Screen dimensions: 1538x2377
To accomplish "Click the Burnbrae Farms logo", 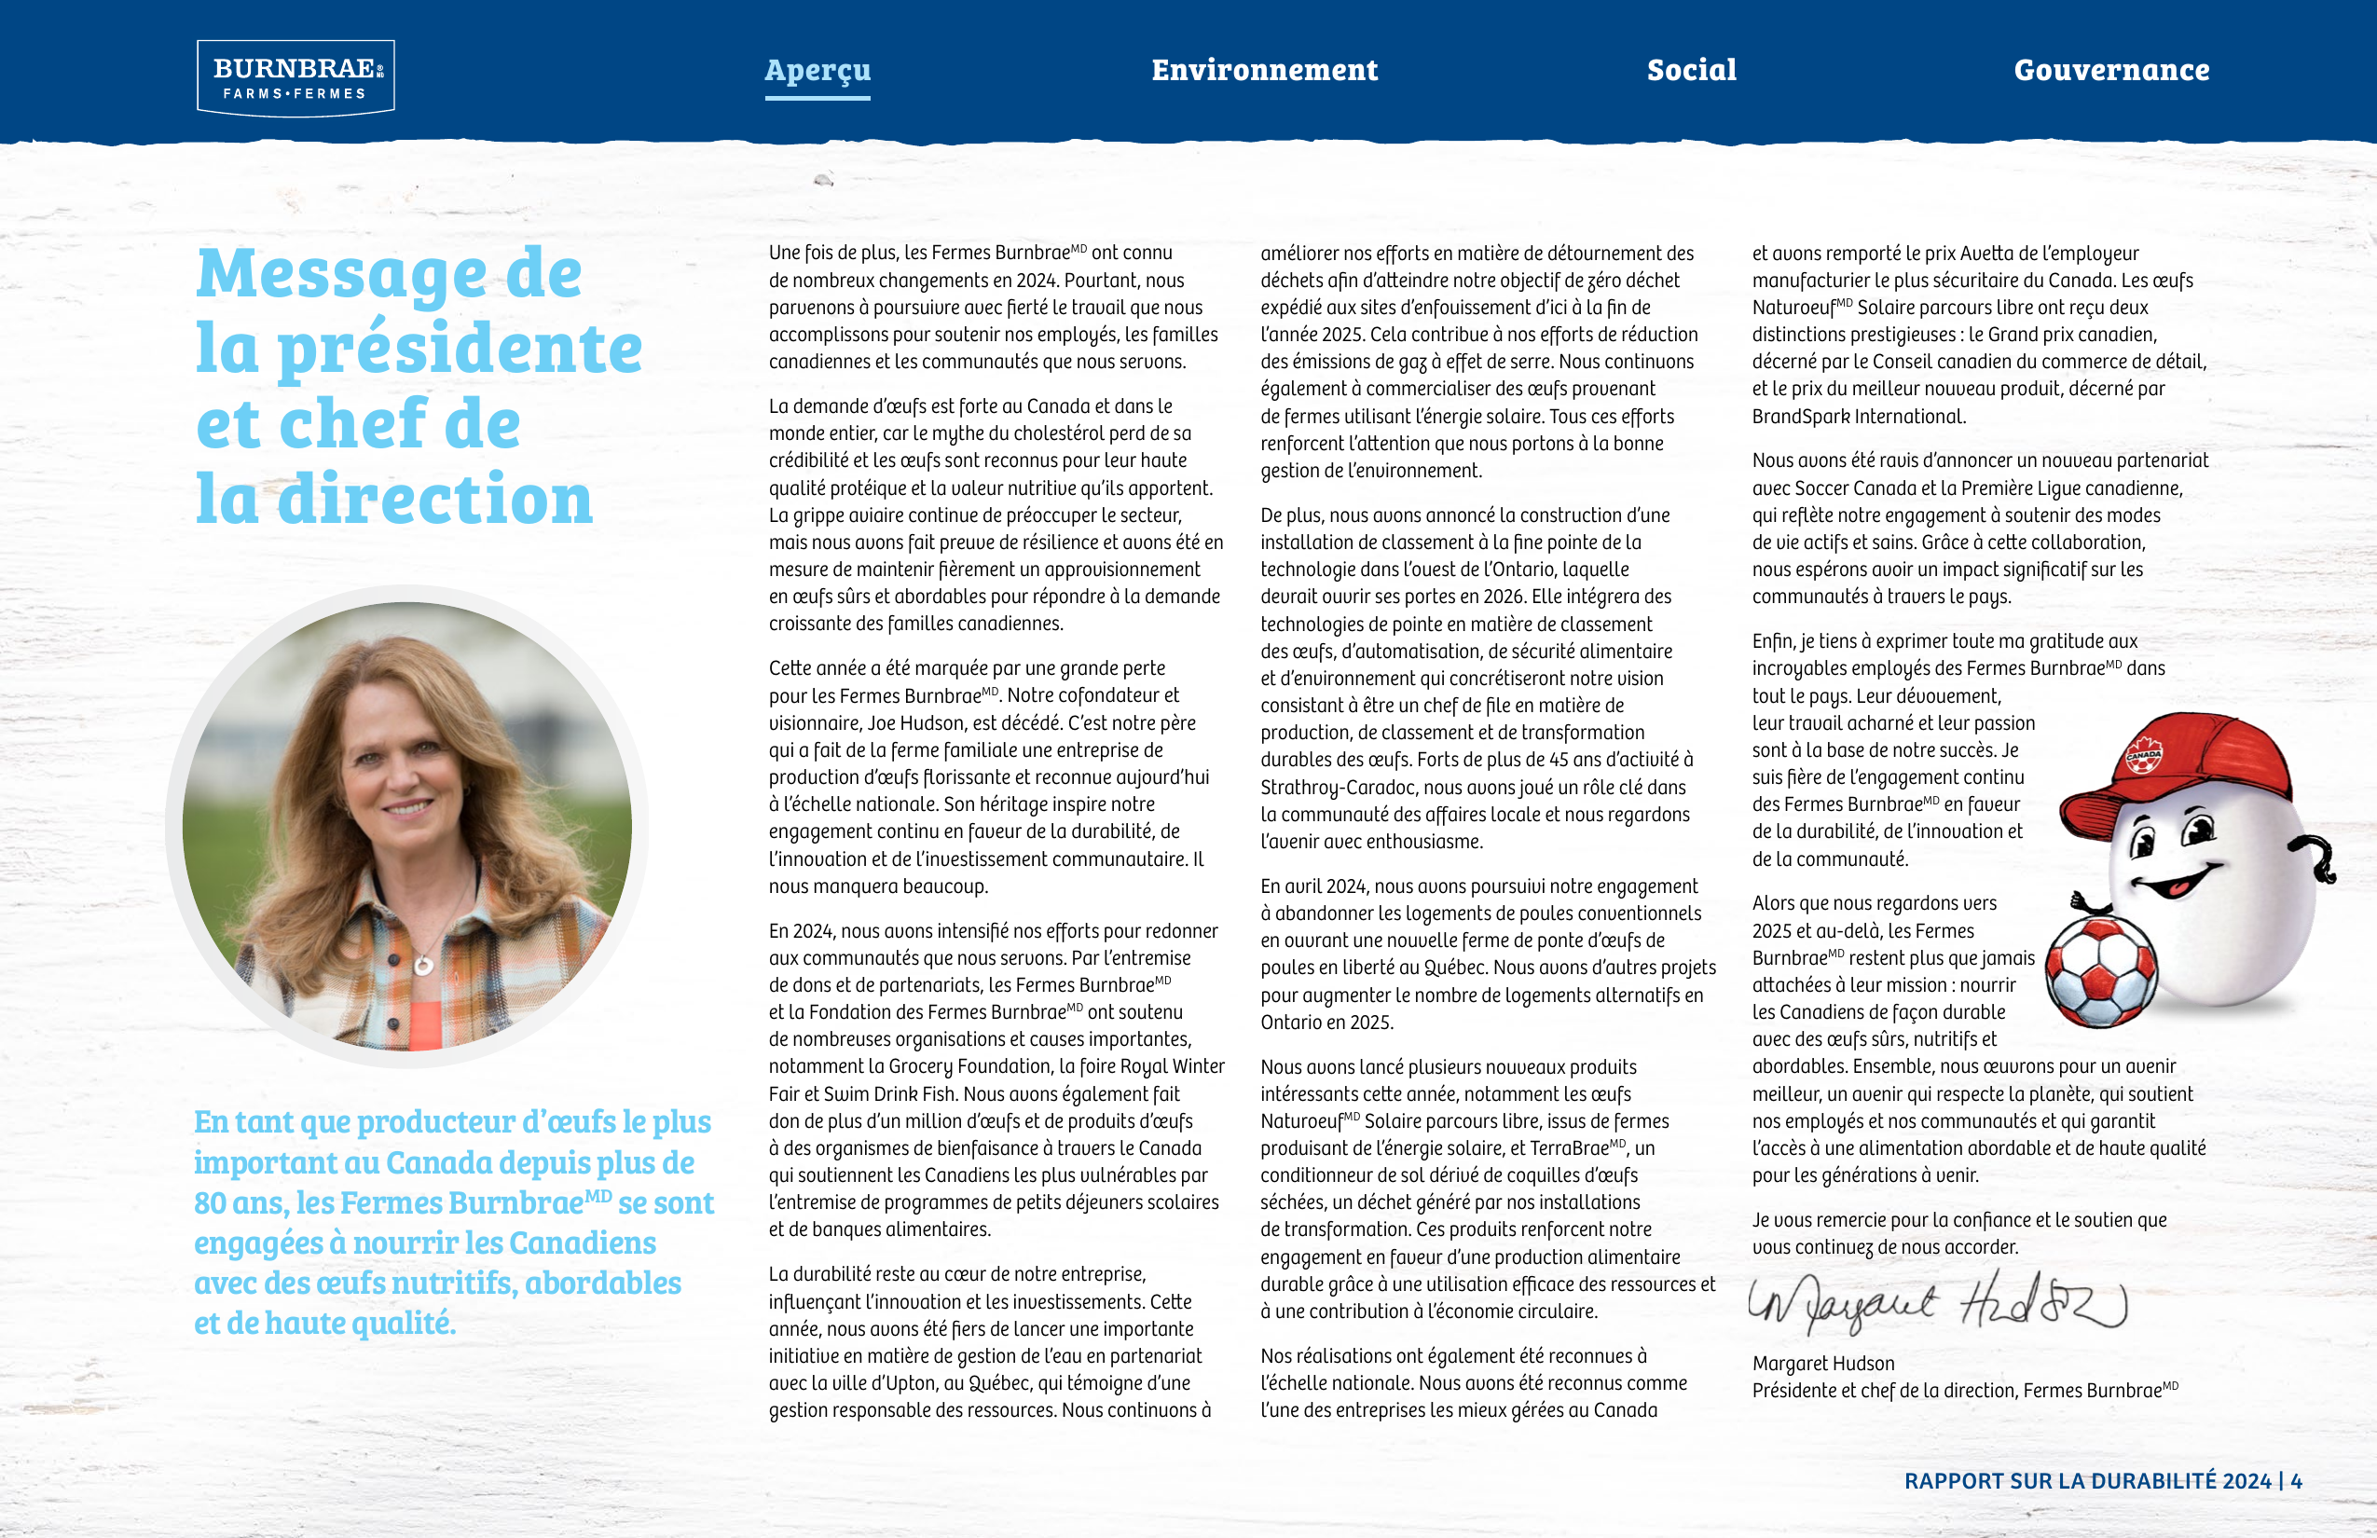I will point(295,78).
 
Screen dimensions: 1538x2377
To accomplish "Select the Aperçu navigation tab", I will point(817,70).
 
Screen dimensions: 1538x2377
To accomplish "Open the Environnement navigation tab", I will point(1264,70).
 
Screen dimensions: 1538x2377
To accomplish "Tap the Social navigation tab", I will point(1692,70).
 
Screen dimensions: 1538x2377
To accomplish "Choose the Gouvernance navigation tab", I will point(2111,70).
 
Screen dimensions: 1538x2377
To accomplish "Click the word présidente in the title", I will point(460,350).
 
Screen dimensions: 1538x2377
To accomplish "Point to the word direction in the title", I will point(435,500).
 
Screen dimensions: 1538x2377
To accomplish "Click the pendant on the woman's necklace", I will point(423,966).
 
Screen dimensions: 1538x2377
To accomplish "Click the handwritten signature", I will point(1938,1303).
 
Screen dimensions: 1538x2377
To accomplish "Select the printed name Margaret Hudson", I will point(1822,1363).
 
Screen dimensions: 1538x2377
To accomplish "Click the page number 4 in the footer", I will point(2296,1481).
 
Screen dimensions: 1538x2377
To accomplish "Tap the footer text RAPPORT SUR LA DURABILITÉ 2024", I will point(2087,1481).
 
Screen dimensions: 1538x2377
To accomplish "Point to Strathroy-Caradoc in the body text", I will point(1339,788).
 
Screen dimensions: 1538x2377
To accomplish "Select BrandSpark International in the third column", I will point(1858,417).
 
